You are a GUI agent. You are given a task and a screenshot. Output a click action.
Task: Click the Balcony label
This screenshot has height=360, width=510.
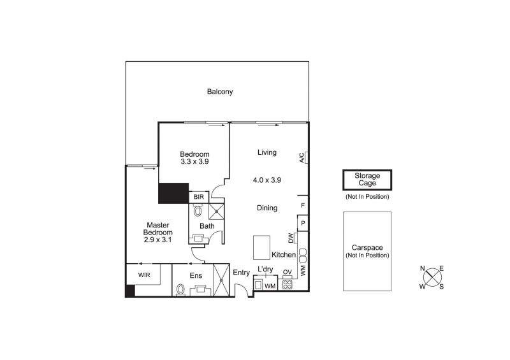(x=220, y=92)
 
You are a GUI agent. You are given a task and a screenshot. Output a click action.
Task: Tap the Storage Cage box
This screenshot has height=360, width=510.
(x=367, y=180)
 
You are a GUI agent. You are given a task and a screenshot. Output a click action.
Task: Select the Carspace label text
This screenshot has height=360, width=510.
(x=367, y=247)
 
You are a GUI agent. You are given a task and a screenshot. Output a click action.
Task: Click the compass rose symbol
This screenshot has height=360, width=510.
(x=432, y=277)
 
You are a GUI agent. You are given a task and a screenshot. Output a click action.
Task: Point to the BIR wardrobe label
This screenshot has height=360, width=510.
(x=199, y=197)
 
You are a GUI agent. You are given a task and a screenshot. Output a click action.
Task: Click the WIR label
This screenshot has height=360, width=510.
(x=144, y=275)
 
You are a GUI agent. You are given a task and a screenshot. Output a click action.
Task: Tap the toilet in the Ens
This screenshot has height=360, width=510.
(x=180, y=290)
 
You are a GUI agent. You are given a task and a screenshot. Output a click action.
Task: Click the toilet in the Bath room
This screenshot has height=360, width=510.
(x=198, y=211)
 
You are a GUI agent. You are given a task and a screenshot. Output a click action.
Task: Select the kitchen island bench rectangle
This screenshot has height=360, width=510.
(x=261, y=247)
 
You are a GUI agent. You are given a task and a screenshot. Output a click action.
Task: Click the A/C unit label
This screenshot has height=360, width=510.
(x=302, y=157)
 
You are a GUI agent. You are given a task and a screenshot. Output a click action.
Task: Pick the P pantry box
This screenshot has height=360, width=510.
(x=303, y=223)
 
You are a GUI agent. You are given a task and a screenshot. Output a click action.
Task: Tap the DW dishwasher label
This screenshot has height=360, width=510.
(x=291, y=238)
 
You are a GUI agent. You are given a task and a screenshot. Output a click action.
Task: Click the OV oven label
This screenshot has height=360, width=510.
(x=288, y=272)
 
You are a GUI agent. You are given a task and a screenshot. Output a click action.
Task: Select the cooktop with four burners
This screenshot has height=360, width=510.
(x=288, y=285)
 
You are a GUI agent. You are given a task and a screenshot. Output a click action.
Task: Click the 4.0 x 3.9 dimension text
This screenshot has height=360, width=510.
(x=267, y=180)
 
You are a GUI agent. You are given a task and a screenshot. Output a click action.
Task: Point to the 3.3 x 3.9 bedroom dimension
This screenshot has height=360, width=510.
(x=194, y=162)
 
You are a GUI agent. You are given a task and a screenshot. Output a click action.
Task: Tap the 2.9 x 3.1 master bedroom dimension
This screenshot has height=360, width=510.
(x=157, y=240)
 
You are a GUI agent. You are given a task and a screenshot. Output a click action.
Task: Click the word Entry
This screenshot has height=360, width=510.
(x=242, y=273)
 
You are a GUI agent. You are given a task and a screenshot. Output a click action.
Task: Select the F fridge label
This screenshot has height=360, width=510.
(x=303, y=206)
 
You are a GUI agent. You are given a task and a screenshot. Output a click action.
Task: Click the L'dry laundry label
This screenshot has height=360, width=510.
(x=265, y=270)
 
